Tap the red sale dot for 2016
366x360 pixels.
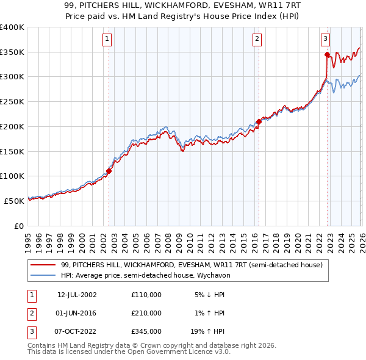[259, 121]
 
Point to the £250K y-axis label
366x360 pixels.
[12, 102]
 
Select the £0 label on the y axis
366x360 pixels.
[19, 226]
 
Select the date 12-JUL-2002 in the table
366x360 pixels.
[77, 295]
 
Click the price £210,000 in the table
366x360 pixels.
[146, 313]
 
